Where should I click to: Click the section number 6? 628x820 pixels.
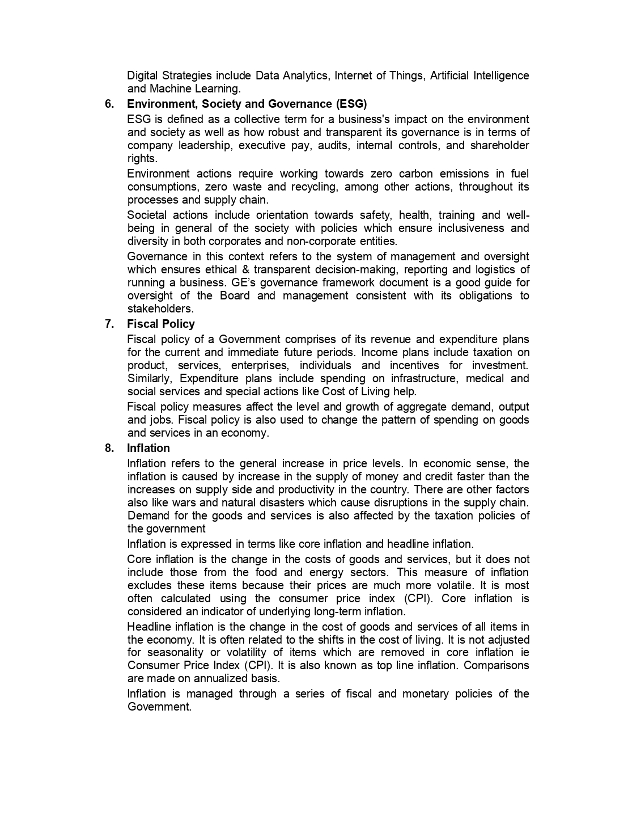pos(109,104)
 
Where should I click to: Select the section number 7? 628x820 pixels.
pos(109,324)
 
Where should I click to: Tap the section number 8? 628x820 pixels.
pos(109,448)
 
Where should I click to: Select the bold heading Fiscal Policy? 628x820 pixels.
pos(161,324)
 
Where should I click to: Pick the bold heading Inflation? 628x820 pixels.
pos(148,448)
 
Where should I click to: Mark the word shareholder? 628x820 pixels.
pos(499,145)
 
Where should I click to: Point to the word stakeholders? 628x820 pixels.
pos(160,308)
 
